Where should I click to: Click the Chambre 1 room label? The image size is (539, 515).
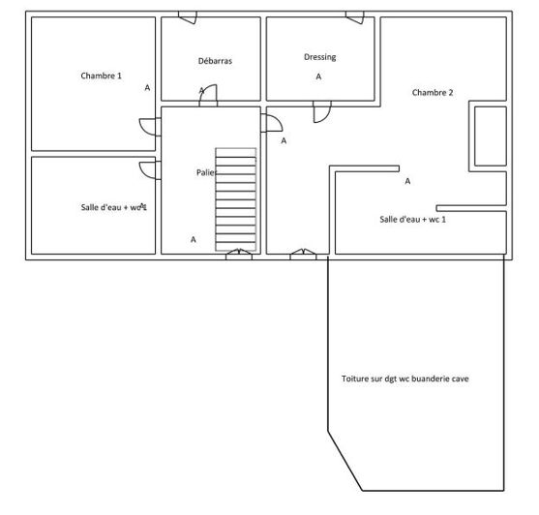coord(102,76)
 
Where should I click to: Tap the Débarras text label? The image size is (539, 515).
coord(214,60)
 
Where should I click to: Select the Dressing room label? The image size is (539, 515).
coord(319,57)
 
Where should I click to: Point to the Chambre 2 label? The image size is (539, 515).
coord(432,93)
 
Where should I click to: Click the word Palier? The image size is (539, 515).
coord(206,171)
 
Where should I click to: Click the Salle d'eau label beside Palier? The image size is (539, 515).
coord(112,207)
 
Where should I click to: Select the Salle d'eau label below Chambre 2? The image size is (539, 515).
coord(419,220)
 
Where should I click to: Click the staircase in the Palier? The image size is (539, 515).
coord(235,198)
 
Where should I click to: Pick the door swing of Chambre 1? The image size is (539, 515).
coord(147,127)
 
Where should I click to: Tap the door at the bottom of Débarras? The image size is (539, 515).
coord(208,95)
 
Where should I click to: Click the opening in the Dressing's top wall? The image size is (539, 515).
coord(355,17)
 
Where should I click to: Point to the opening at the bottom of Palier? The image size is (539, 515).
coord(238,254)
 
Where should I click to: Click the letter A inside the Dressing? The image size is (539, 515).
coord(318,76)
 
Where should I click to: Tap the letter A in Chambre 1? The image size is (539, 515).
coord(147,87)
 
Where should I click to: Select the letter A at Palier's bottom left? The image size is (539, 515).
coord(193,238)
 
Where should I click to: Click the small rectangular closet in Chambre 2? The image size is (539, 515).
coord(489,136)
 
